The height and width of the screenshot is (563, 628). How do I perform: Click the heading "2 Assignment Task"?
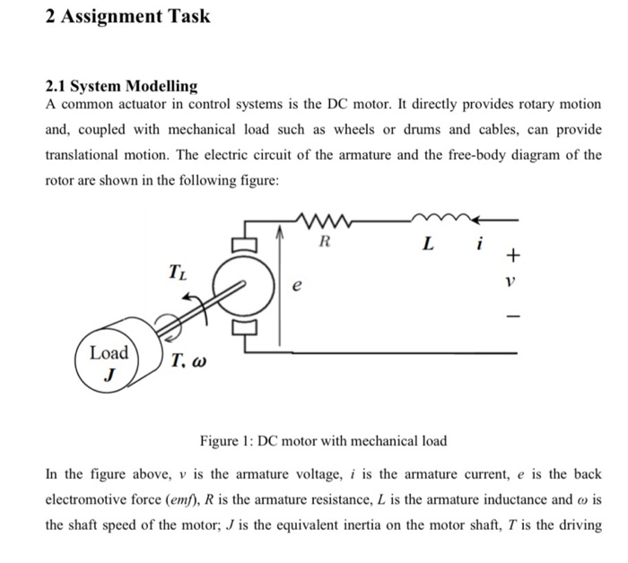[127, 16]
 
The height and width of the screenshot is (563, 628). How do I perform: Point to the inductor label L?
[428, 243]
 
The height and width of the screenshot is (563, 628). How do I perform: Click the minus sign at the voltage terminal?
[512, 315]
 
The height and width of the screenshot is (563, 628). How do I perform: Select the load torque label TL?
[178, 270]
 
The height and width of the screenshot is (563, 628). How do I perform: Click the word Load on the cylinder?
[109, 352]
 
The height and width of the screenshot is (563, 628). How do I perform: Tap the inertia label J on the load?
[108, 377]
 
